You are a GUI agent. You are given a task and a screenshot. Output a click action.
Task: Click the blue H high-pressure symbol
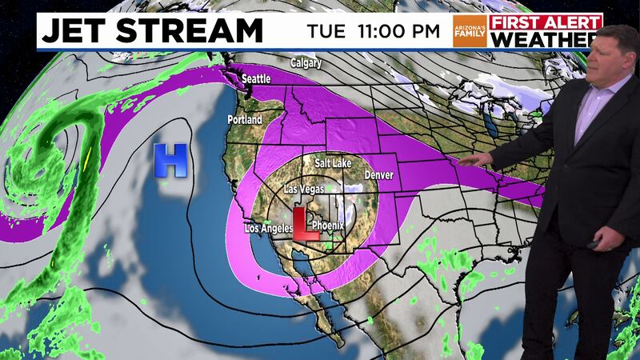pyautogui.click(x=170, y=159)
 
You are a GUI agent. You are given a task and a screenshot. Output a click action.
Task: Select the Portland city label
pyautogui.click(x=244, y=119)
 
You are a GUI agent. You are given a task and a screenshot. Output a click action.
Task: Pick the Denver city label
pyautogui.click(x=378, y=174)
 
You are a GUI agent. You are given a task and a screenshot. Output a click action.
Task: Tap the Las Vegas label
pyautogui.click(x=306, y=190)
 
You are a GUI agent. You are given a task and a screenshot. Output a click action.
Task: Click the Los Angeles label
pyautogui.click(x=269, y=230)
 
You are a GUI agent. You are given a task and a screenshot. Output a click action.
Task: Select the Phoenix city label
pyautogui.click(x=327, y=226)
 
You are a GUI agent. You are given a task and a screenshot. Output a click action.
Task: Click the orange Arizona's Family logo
pyautogui.click(x=470, y=31)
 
